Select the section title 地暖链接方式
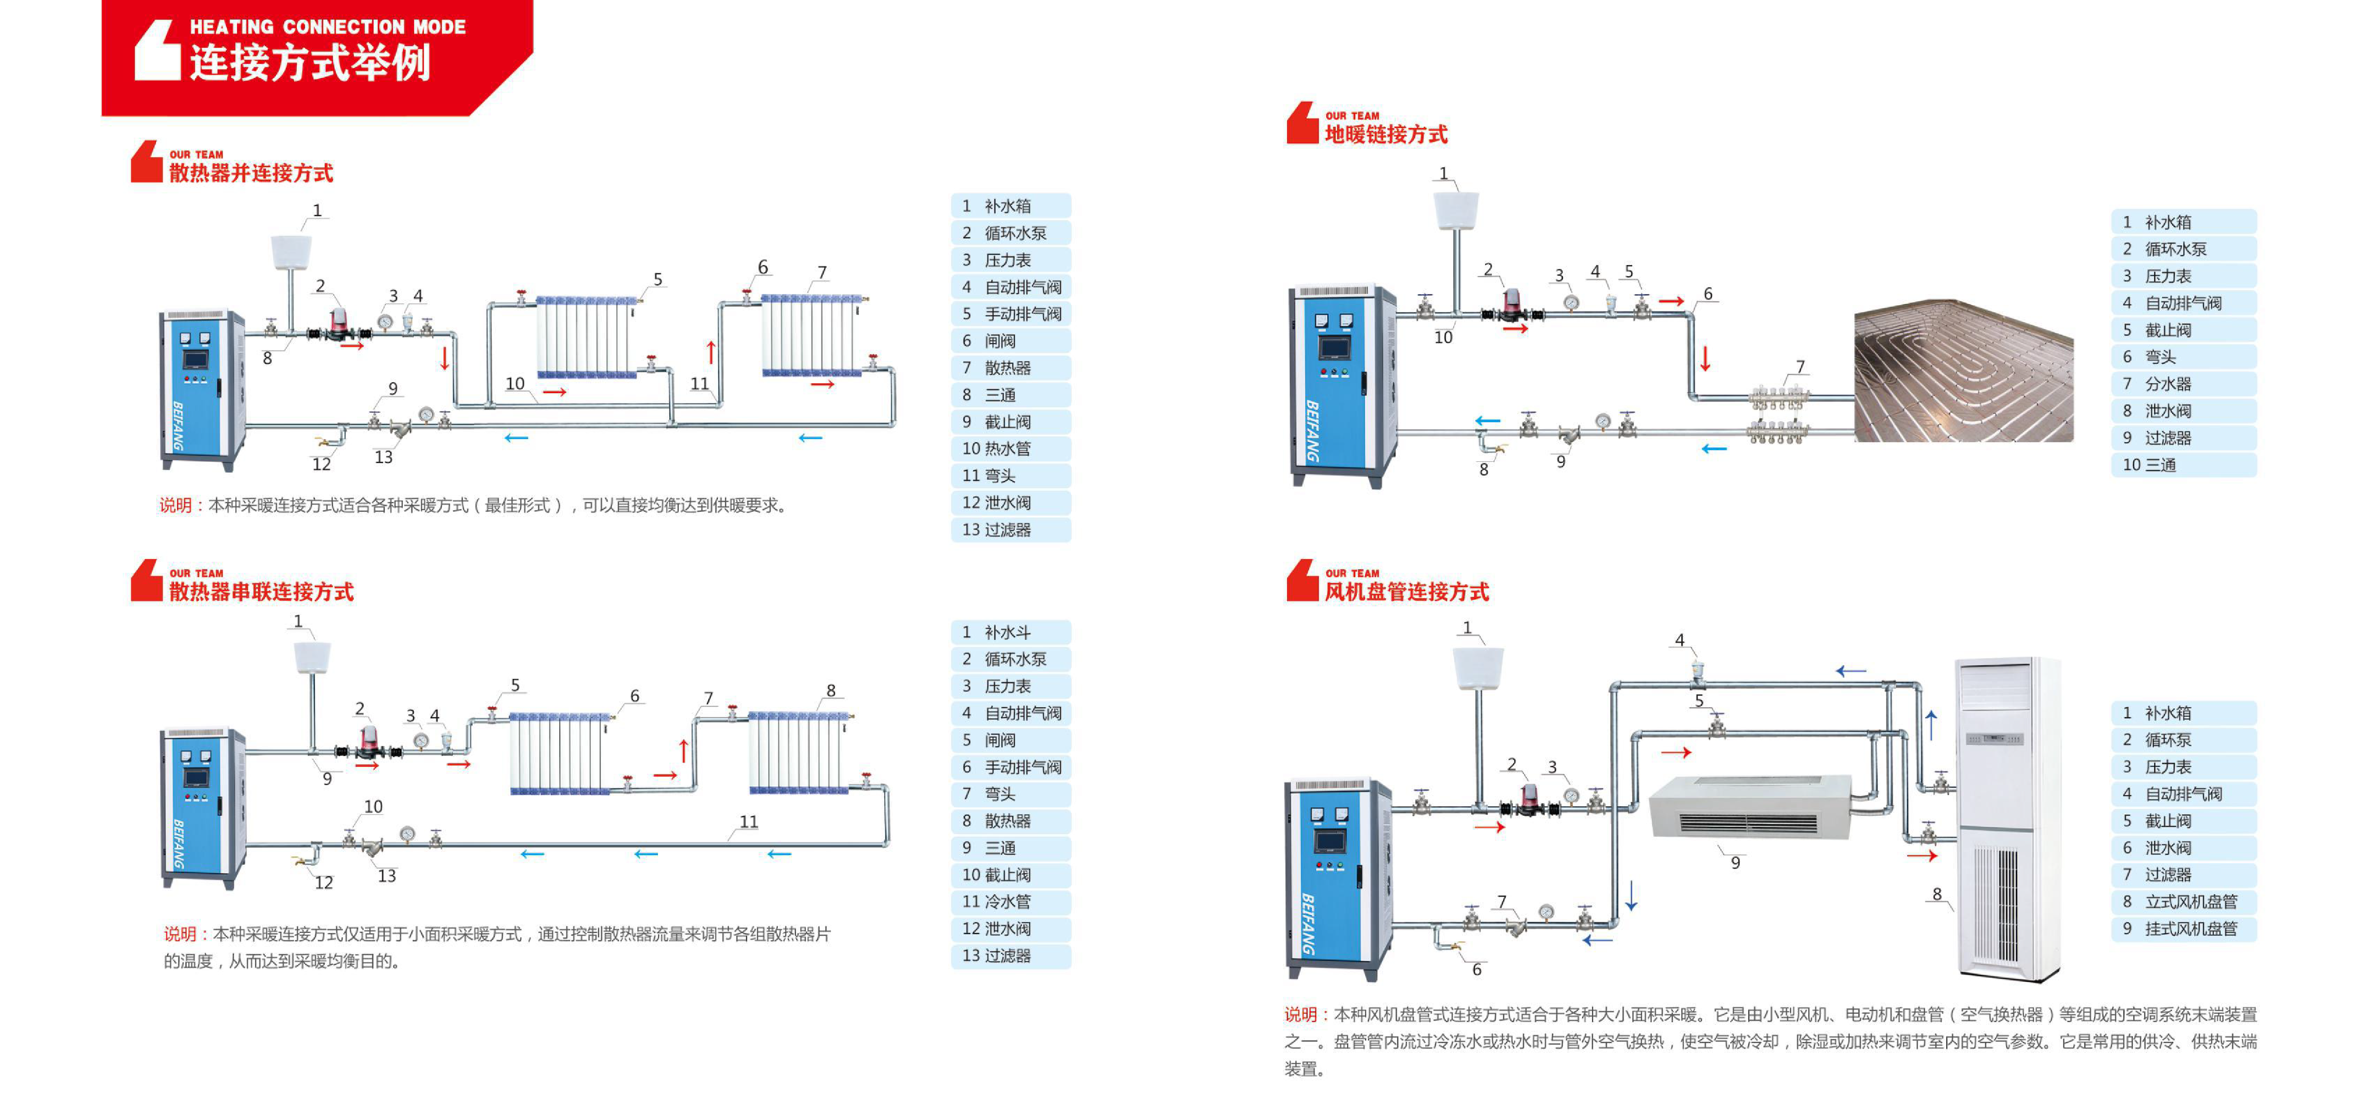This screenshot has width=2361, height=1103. click(1386, 135)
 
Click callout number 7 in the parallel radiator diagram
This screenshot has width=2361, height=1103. click(822, 272)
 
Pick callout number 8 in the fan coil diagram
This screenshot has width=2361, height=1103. click(1937, 894)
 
